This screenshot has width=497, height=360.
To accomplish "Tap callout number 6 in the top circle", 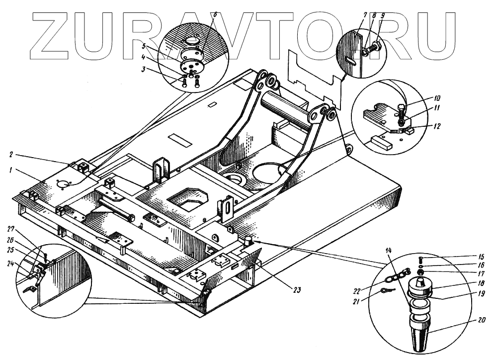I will point(201,15).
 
